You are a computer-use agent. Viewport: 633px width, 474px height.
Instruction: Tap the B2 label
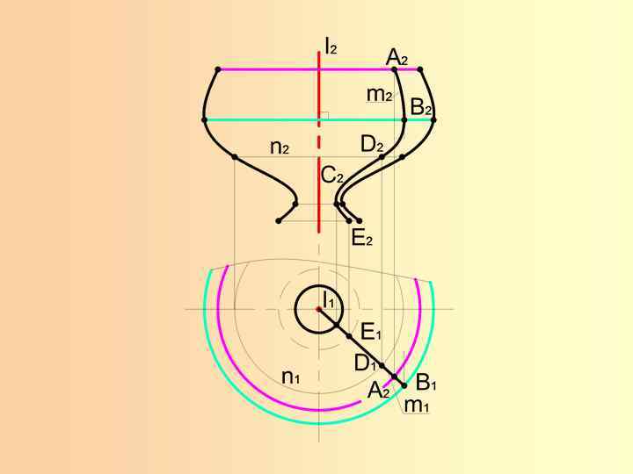click(421, 108)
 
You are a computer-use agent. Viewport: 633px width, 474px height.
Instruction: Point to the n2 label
click(280, 147)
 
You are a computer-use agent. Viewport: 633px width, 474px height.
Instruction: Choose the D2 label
click(372, 144)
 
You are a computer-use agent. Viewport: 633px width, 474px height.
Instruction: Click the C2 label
click(331, 176)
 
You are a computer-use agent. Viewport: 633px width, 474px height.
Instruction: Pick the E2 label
click(361, 237)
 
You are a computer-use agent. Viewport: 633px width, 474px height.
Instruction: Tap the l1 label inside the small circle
click(328, 300)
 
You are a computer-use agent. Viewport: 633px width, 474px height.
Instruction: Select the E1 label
click(371, 332)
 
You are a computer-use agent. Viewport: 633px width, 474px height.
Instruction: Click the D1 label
click(365, 363)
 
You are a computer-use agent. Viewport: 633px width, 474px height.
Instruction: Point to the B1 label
click(426, 383)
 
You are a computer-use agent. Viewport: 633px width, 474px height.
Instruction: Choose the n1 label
click(291, 377)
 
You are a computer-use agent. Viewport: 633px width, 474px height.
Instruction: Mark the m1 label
click(416, 405)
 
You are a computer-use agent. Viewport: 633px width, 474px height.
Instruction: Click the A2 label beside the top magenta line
click(397, 58)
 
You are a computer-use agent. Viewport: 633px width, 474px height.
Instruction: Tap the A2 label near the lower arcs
click(379, 391)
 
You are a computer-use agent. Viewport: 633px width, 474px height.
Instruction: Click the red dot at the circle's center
click(319, 308)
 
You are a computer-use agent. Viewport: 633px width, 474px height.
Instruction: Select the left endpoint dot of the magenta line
click(218, 69)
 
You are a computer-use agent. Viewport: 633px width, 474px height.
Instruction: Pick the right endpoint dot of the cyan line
click(434, 119)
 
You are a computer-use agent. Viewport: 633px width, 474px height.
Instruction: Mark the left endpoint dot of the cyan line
click(205, 119)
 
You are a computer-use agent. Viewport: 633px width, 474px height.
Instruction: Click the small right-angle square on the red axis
click(324, 115)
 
